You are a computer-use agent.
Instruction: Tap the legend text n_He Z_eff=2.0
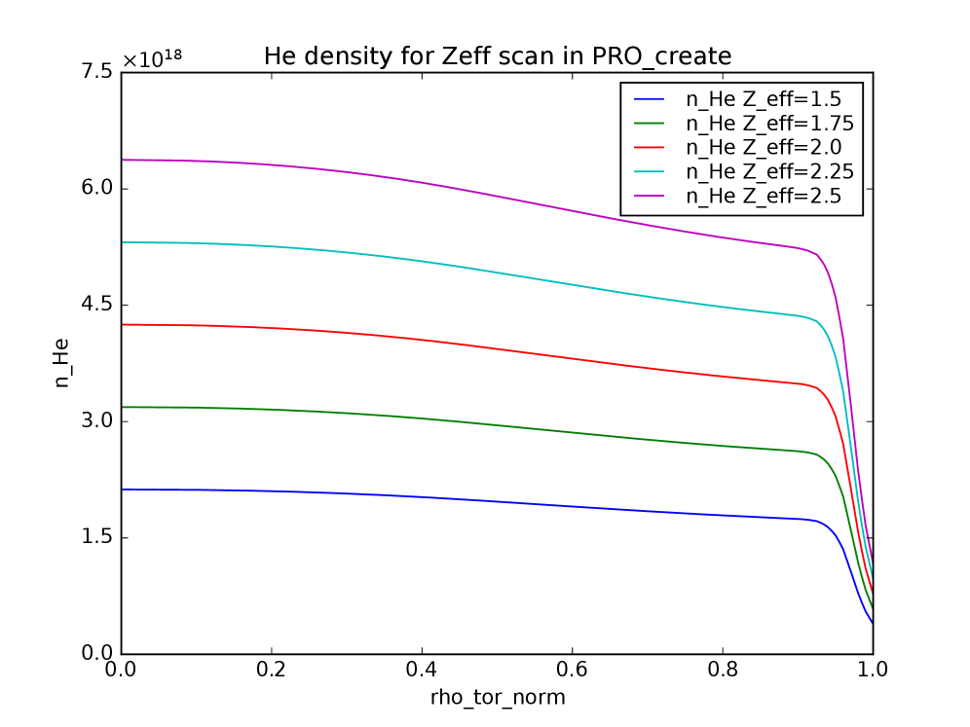(764, 147)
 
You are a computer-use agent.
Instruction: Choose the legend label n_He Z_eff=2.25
(769, 171)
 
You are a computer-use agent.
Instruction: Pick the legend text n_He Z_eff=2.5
(764, 196)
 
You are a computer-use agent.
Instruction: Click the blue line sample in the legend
(649, 99)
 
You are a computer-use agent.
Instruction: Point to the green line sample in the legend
(649, 124)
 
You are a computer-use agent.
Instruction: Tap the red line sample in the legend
(649, 148)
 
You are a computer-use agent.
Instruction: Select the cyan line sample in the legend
(649, 172)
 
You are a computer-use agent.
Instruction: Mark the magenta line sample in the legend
(649, 197)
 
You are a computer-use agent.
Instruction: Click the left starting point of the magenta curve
(123, 160)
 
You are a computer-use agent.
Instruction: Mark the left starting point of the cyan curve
(123, 242)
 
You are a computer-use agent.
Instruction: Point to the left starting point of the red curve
(123, 324)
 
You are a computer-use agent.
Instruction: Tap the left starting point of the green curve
(123, 407)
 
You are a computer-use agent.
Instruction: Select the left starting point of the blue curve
(123, 490)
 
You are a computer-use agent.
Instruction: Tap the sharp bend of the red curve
(818, 388)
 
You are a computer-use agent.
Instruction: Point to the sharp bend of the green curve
(818, 455)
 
